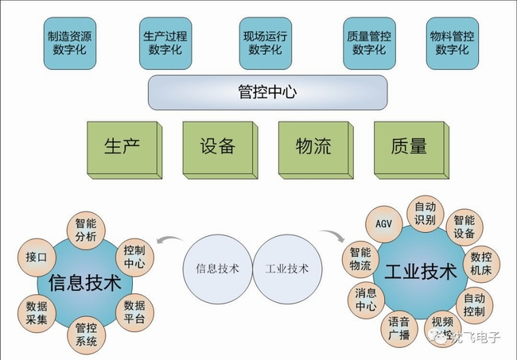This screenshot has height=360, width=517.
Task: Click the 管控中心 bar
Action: pos(267,91)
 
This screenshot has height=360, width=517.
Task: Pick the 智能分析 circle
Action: pos(85,230)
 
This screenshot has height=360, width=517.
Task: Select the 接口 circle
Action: pos(36,257)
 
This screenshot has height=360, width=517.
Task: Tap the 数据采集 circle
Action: pos(37,312)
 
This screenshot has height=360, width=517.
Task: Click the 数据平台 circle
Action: pos(134,312)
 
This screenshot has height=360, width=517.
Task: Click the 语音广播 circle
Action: pos(398,327)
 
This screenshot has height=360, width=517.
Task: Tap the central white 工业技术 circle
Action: pos(286,268)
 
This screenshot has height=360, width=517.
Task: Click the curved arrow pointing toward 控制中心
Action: pos(166,240)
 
